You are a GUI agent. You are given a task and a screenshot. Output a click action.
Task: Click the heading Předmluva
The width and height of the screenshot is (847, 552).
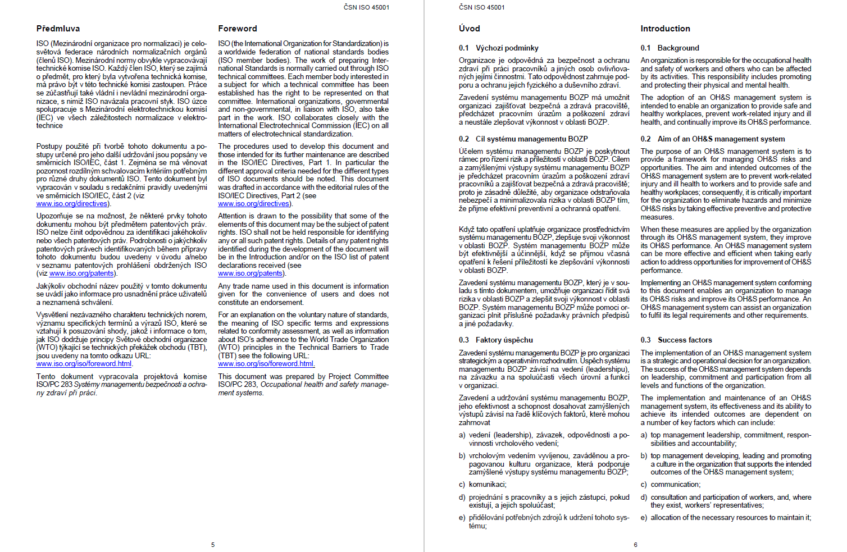tap(58, 29)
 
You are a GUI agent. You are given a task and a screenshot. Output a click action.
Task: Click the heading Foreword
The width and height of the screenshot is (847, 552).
tap(238, 29)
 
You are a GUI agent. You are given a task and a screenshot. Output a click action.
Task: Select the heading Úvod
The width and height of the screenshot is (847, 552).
tap(469, 29)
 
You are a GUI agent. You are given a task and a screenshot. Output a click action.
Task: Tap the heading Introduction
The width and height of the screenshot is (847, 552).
tap(665, 29)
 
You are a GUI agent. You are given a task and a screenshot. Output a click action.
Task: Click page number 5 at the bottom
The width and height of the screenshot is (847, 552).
tap(213, 545)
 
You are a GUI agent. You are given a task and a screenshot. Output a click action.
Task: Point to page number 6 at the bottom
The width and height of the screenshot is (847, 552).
tap(635, 545)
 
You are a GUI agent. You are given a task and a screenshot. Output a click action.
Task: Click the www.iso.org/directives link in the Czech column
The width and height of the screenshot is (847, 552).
tap(72, 204)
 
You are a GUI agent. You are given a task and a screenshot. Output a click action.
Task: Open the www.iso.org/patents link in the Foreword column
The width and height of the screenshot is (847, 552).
tap(251, 273)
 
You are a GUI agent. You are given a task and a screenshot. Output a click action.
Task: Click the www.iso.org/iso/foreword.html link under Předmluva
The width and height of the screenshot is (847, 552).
tap(84, 364)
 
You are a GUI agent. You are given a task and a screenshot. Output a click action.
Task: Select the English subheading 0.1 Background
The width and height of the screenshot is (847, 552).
tap(670, 48)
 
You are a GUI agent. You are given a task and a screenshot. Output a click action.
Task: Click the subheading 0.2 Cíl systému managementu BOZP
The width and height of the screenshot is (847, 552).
tap(523, 139)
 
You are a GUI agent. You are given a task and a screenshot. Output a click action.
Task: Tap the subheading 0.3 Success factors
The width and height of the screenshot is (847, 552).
tap(676, 340)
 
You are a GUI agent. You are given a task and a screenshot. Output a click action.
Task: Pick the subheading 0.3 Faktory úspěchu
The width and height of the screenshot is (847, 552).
tap(495, 340)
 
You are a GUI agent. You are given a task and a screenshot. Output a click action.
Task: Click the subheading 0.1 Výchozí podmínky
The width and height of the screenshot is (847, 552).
tap(498, 48)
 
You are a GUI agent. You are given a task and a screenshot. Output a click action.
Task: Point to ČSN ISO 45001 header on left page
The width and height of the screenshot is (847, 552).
tap(366, 7)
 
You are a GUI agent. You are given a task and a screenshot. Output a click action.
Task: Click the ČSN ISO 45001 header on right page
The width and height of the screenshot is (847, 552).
tap(481, 7)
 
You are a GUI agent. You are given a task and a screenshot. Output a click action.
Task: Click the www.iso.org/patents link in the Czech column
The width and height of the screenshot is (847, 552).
tap(81, 273)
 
